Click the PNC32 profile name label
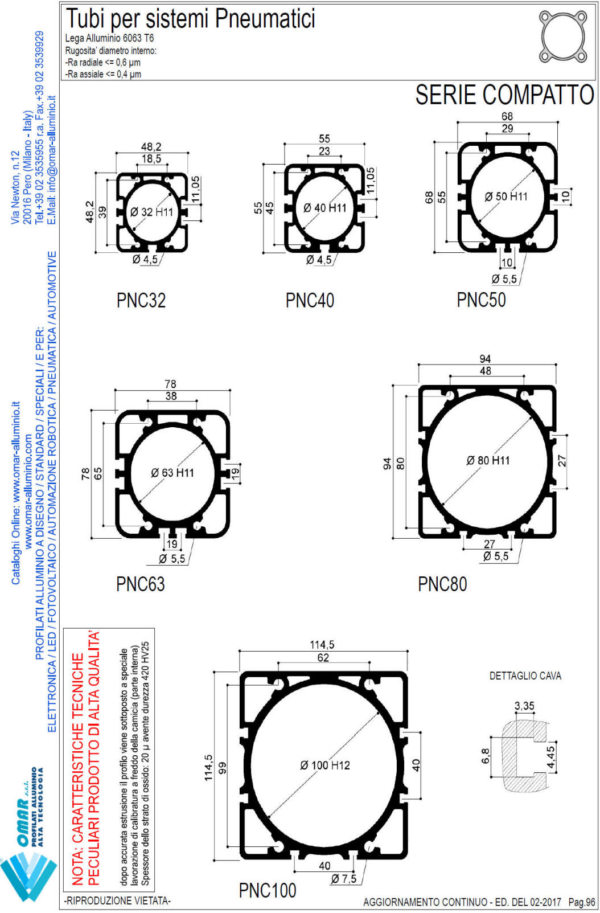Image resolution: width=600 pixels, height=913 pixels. point(141,301)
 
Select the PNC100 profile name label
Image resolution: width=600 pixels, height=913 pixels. point(268,890)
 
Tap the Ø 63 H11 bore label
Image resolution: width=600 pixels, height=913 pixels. point(172,473)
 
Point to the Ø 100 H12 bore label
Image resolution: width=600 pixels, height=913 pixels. point(325,765)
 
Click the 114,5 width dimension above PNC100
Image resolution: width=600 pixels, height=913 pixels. point(322,645)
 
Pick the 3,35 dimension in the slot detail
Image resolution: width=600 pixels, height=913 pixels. point(524,706)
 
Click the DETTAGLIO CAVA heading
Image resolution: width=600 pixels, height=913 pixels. point(525,676)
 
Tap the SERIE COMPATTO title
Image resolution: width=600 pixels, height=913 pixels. point(504,95)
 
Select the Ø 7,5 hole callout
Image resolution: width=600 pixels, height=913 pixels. point(344,879)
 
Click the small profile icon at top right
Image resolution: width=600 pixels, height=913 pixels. point(562,38)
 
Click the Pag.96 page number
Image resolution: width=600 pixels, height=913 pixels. point(582,902)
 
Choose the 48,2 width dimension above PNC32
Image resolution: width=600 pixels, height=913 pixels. point(151,147)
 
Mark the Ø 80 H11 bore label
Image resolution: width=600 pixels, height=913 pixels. point(488,460)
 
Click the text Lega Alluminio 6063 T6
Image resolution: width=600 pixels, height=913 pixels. point(109,38)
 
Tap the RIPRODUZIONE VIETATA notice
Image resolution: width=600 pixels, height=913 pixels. point(118,900)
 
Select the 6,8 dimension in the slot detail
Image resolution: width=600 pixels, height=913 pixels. point(486,756)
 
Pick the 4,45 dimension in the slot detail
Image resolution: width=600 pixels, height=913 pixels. point(550,758)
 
